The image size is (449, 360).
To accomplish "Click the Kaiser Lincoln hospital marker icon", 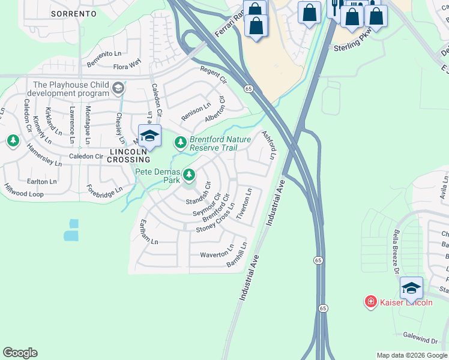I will [371, 302].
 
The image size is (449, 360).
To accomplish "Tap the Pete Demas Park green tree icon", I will [189, 175].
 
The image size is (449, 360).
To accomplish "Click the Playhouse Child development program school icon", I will [118, 89].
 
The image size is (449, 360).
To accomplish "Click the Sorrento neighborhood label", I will [74, 13].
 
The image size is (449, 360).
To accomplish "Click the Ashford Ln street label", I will [269, 145].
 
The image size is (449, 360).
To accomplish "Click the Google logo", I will [20, 353].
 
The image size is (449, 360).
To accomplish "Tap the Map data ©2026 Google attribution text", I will [411, 355].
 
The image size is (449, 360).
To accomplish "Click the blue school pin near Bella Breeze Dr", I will [411, 287].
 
